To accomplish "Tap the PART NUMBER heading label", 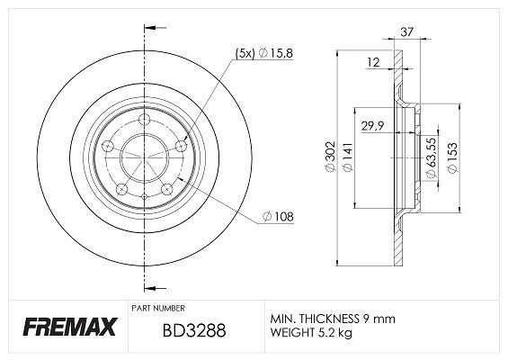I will tap(161, 307).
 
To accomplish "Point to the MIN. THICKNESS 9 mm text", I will tap(331, 318).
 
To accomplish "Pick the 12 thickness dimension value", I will tap(373, 63).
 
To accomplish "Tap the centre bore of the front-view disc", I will tap(144, 157).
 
